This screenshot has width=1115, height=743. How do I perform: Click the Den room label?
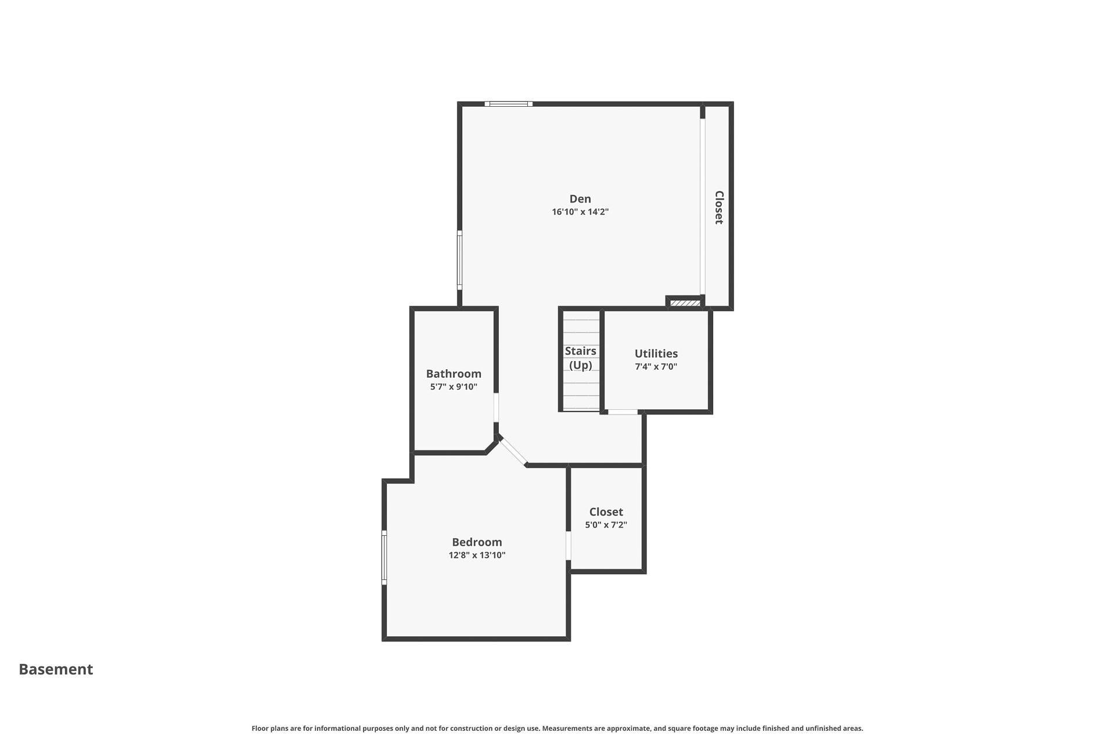click(x=580, y=199)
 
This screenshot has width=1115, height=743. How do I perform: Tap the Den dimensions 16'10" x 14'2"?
click(x=580, y=212)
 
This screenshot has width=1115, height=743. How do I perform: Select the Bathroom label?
click(x=454, y=374)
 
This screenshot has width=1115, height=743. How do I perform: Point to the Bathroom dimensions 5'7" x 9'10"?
click(x=454, y=387)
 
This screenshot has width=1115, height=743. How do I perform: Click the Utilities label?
click(x=656, y=354)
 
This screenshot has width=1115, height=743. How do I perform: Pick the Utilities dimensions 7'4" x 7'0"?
click(x=656, y=366)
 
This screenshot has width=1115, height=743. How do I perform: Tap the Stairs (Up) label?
click(x=581, y=358)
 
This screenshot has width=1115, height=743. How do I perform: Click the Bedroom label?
click(x=477, y=542)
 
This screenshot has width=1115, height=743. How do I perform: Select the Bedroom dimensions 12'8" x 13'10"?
click(x=477, y=555)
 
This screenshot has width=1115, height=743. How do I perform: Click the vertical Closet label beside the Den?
click(x=719, y=207)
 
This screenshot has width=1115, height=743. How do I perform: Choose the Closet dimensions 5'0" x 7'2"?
click(x=606, y=525)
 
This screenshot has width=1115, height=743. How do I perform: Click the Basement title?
click(x=56, y=669)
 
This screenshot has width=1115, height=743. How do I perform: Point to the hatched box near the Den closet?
click(x=685, y=303)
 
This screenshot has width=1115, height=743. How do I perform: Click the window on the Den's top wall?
click(x=509, y=104)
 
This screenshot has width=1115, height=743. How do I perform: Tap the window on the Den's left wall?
click(x=459, y=259)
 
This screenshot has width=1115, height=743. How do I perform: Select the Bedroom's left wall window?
click(x=384, y=557)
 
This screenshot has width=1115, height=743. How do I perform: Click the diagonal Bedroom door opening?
click(x=513, y=452)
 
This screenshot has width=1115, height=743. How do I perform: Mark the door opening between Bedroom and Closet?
click(x=569, y=546)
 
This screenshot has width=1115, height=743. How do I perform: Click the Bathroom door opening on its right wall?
click(x=496, y=408)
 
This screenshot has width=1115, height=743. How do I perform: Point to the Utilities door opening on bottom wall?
click(x=623, y=412)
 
